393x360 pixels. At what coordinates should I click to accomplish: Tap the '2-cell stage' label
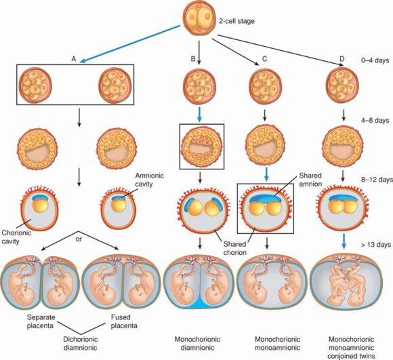(x=236, y=21)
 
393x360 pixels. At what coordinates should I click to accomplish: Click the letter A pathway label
(x=74, y=59)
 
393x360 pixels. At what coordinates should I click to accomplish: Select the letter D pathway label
(x=342, y=59)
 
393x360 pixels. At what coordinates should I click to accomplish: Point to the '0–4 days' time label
(x=375, y=60)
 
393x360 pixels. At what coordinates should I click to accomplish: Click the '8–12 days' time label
(x=377, y=180)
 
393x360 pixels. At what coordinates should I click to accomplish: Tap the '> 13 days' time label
(x=376, y=245)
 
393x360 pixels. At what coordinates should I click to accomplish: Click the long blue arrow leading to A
(x=130, y=43)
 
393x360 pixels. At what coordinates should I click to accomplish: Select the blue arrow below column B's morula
(x=199, y=115)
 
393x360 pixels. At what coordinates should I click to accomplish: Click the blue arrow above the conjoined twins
(x=344, y=241)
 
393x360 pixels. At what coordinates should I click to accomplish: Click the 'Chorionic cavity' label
(x=16, y=237)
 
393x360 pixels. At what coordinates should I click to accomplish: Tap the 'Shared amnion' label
(x=310, y=180)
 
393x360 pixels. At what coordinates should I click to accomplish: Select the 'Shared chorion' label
(x=235, y=248)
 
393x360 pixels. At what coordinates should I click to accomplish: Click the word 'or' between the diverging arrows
(x=79, y=239)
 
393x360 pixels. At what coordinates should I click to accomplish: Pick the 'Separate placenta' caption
(x=41, y=321)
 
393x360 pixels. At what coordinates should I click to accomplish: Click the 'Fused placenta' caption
(x=124, y=321)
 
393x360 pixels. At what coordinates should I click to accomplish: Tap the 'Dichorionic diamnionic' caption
(x=80, y=343)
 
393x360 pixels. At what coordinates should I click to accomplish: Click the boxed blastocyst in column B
(x=202, y=146)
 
